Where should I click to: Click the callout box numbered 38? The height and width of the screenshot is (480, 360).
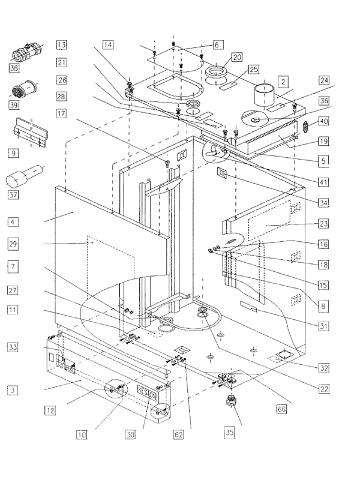click(14, 68)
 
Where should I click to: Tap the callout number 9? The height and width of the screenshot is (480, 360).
click(14, 154)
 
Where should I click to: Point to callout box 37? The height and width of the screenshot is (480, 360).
click(14, 194)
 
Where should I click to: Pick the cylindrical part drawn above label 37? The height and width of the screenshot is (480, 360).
click(21, 178)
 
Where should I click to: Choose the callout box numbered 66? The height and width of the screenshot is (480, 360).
click(281, 409)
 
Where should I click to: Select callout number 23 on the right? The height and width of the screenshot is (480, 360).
click(322, 223)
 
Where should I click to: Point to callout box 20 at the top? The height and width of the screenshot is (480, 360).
click(236, 57)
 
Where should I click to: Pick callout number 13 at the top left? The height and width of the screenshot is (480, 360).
click(62, 44)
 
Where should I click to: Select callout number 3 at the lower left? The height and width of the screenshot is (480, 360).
click(14, 390)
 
